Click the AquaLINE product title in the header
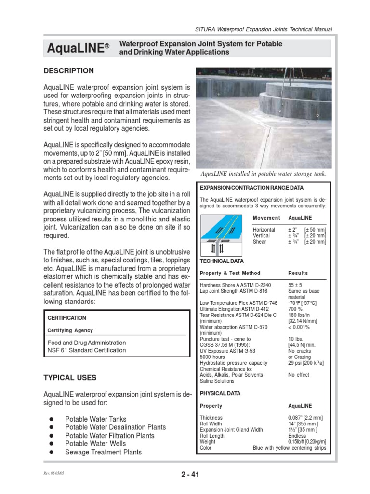pyautogui.click(x=75, y=48)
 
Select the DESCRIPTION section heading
pyautogui.click(x=69, y=71)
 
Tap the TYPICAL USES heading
pyautogui.click(x=70, y=377)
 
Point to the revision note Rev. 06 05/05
pyautogui.click(x=53, y=473)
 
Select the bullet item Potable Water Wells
pyautogui.click(x=95, y=444)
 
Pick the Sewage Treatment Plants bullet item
pyautogui.click(x=103, y=452)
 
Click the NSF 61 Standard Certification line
pyautogui.click(x=86, y=350)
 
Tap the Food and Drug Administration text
pyautogui.click(x=87, y=343)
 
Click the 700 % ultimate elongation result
pyautogui.click(x=295, y=308)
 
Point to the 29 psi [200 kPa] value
pyautogui.click(x=306, y=362)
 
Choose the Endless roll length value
pyautogui.click(x=297, y=436)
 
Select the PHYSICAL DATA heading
pyautogui.click(x=220, y=393)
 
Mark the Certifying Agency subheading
pyautogui.click(x=70, y=330)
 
